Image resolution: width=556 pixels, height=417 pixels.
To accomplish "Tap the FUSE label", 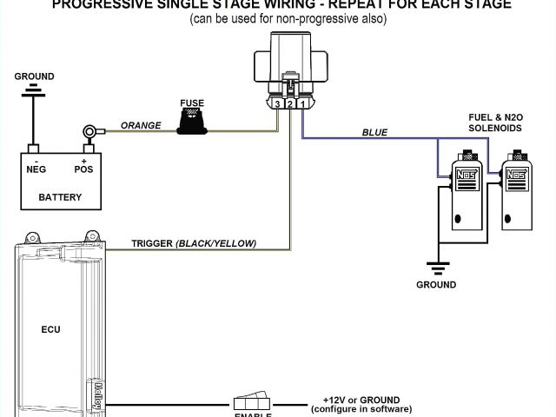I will [192, 103].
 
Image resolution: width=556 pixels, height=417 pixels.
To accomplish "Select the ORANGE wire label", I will [141, 125].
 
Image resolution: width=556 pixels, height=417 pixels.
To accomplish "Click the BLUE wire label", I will [374, 132].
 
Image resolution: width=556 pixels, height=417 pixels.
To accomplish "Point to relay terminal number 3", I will [276, 105].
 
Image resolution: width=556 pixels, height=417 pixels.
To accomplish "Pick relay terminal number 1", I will [300, 105].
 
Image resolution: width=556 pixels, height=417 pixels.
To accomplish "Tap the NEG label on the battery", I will [36, 170].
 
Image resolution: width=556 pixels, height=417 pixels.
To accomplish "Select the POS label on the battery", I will [83, 170].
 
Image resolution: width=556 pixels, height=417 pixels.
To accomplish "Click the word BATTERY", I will [60, 197].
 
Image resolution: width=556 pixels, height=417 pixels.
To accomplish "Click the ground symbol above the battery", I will [34, 89].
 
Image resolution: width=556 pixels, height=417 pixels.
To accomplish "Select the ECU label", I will [50, 329].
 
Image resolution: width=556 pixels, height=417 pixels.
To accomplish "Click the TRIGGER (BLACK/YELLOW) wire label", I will [194, 243].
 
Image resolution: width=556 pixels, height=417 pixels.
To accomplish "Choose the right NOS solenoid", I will [518, 195].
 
